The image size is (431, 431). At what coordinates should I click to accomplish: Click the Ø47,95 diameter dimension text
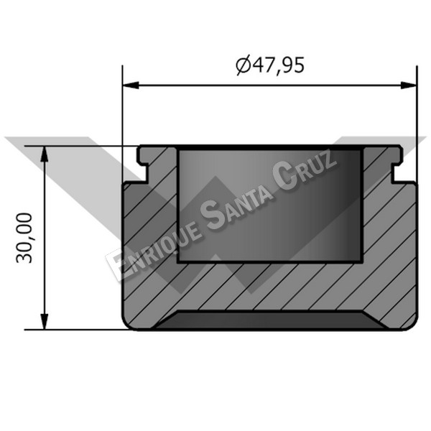pyautogui.click(x=270, y=65)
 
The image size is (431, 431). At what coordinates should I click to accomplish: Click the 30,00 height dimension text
pyautogui.click(x=24, y=238)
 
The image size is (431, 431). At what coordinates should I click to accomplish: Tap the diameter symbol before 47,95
pyautogui.click(x=244, y=65)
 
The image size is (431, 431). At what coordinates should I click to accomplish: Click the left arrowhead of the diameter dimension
pyautogui.click(x=131, y=85)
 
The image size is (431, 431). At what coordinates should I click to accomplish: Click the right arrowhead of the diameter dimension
pyautogui.click(x=409, y=85)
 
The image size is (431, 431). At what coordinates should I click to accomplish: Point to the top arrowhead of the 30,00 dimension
pyautogui.click(x=45, y=154)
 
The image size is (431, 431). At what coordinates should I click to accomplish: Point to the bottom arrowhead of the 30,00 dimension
pyautogui.click(x=45, y=322)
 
